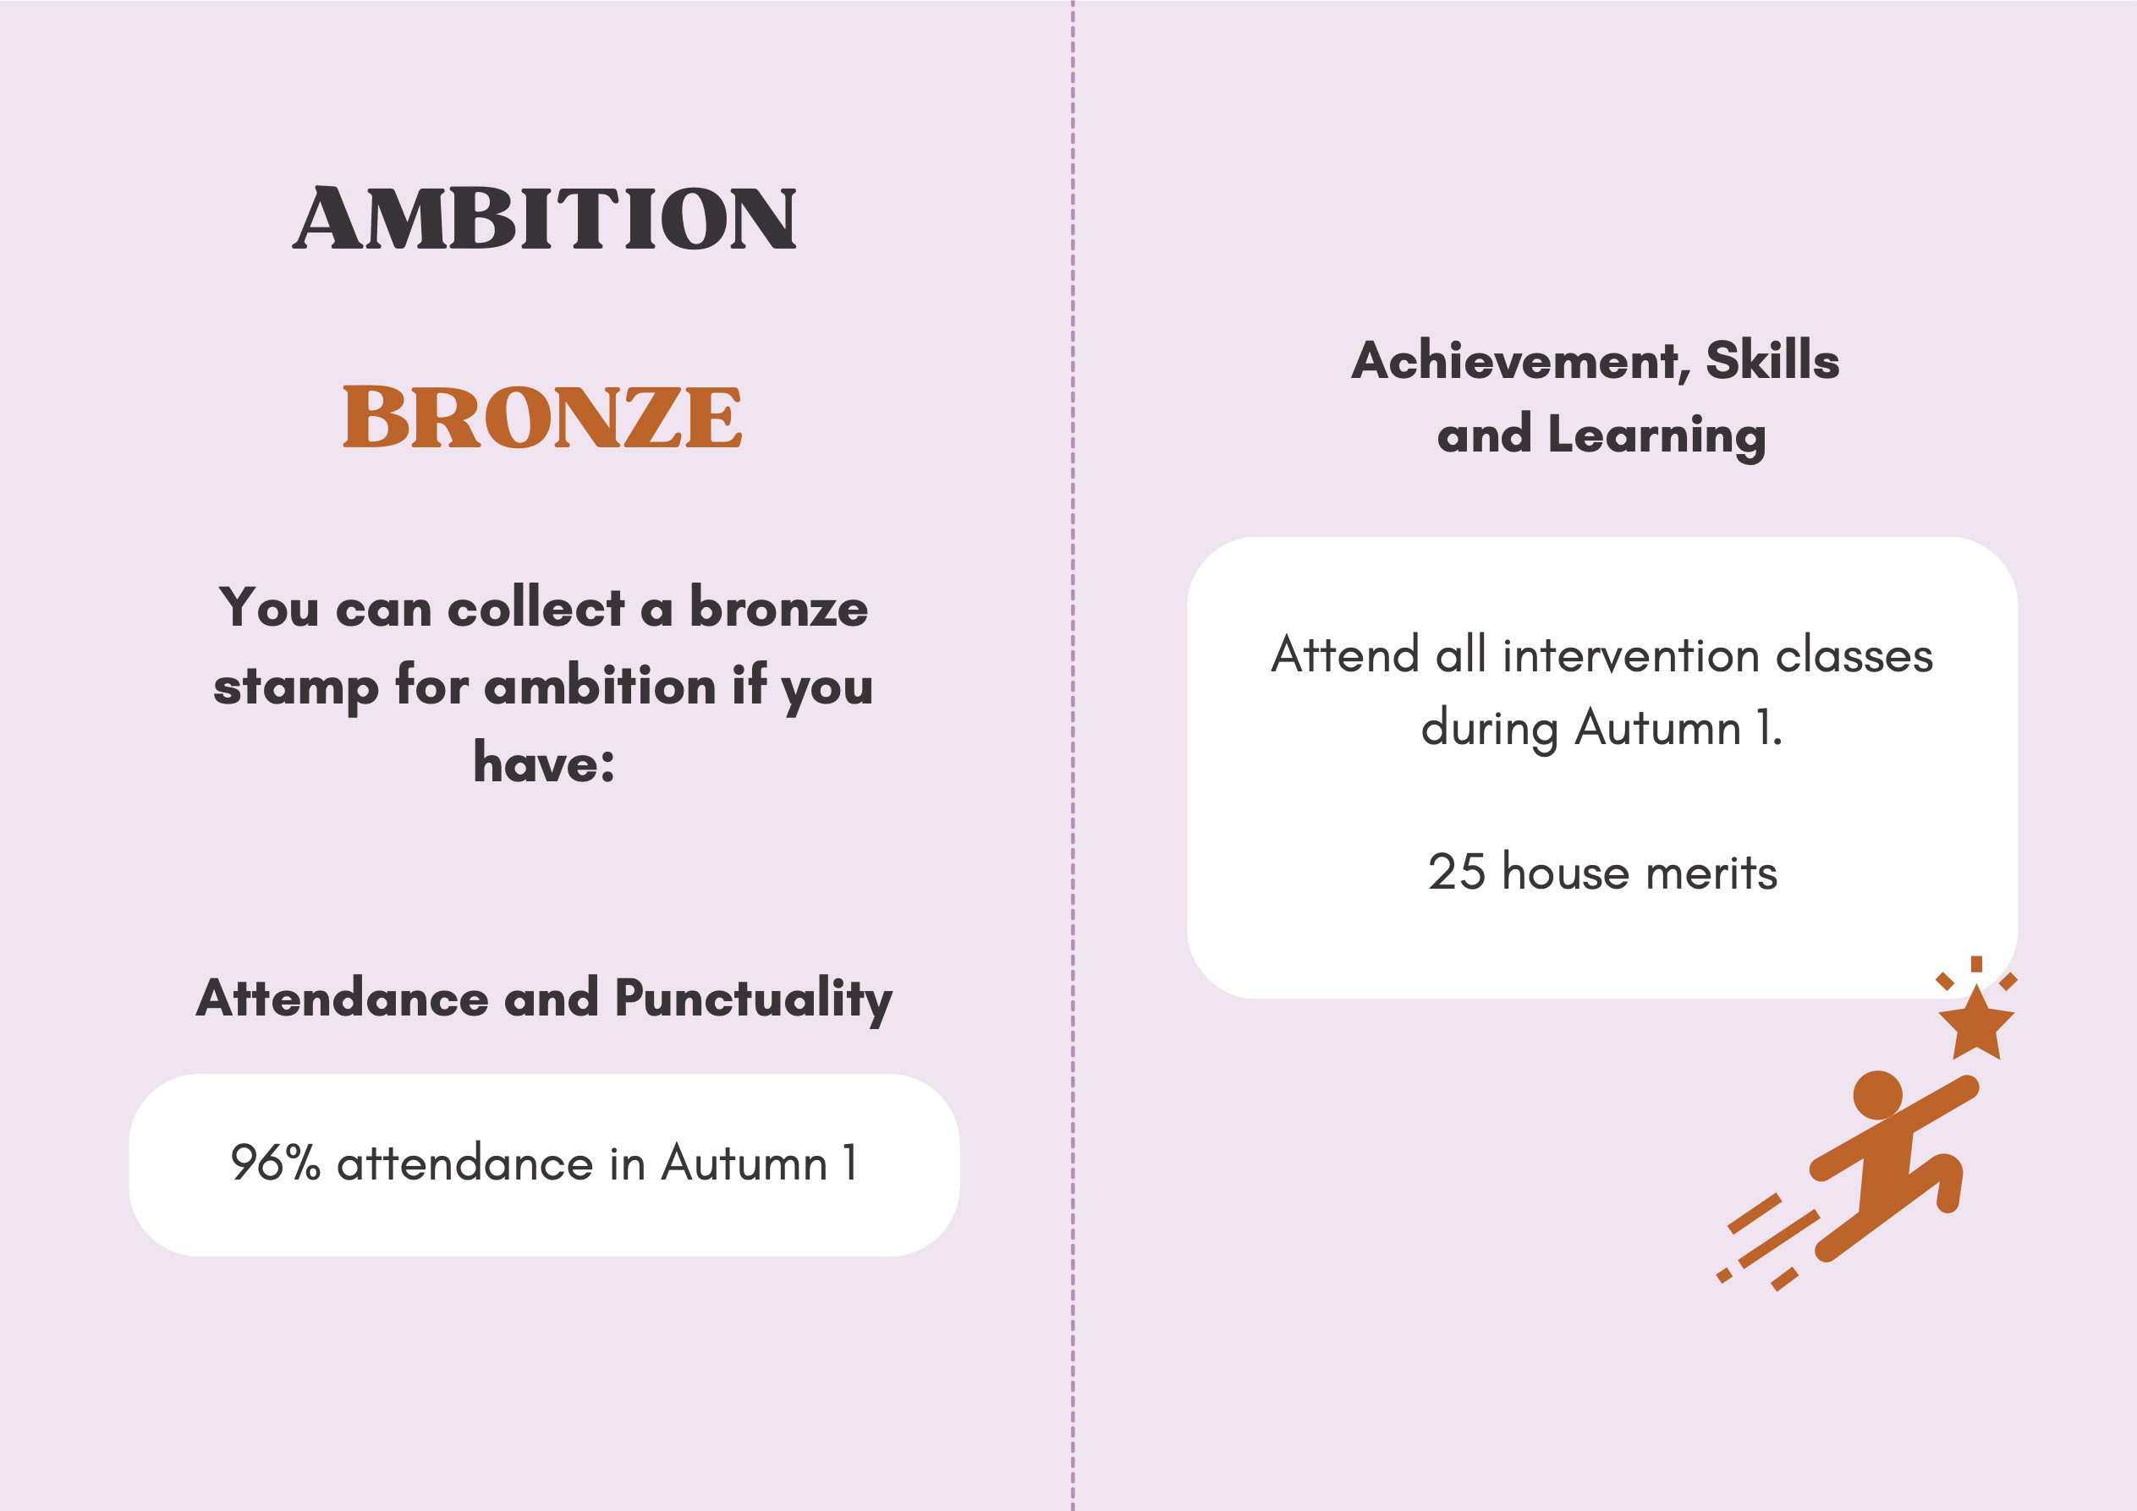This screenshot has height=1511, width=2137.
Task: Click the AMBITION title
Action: (545, 219)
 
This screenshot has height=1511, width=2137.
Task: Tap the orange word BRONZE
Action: (542, 417)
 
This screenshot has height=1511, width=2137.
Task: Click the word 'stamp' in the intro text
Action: (296, 687)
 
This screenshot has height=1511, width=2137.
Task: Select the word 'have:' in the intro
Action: (545, 763)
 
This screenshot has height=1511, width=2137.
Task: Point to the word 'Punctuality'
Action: (753, 1000)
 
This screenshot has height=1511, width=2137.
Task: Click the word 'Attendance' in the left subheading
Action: (342, 999)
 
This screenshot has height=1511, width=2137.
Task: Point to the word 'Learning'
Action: (1656, 435)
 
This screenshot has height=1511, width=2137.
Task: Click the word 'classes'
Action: (1854, 655)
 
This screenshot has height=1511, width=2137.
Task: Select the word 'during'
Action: (1489, 729)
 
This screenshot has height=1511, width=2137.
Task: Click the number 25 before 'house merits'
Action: (1457, 873)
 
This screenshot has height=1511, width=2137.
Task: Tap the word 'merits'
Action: (1711, 873)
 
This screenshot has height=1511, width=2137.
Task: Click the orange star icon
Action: (1976, 1022)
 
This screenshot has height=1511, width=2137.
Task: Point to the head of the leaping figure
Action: (1877, 1095)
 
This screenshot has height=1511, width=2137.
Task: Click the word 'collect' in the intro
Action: (536, 609)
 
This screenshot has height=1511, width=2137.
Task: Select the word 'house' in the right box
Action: (1565, 873)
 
